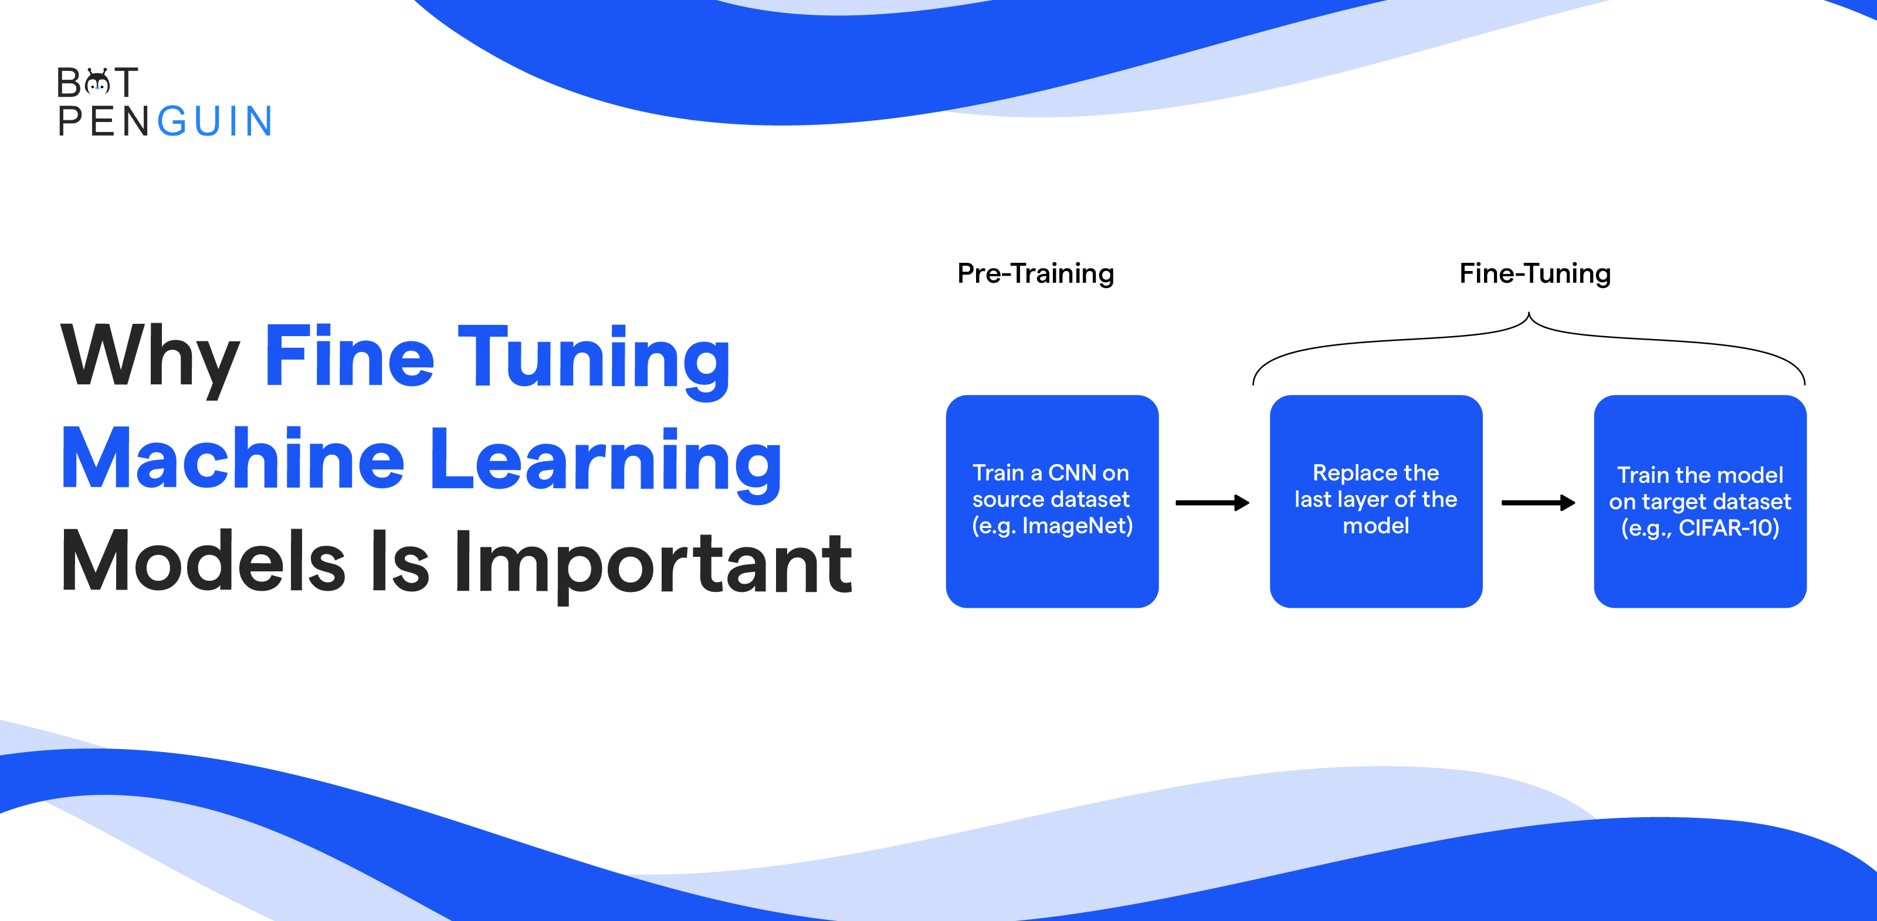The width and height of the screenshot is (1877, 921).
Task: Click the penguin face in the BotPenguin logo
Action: click(x=97, y=83)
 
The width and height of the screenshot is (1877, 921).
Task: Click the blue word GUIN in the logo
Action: click(x=216, y=121)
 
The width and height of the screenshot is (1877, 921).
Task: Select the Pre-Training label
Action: click(x=1035, y=274)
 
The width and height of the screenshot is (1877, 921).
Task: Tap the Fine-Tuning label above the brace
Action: click(x=1534, y=274)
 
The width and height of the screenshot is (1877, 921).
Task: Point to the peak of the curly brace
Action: click(x=1529, y=315)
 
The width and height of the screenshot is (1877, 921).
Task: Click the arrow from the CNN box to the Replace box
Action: click(x=1212, y=503)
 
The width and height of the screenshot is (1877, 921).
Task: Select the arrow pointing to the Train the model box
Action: click(x=1538, y=503)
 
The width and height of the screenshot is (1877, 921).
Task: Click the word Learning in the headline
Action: click(x=605, y=460)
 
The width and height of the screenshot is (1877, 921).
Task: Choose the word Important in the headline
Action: click(x=652, y=563)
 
